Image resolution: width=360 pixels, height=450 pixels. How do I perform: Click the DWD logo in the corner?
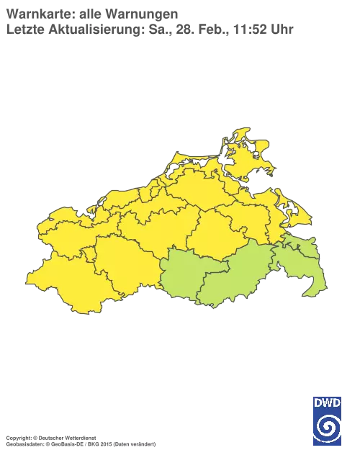[x=327, y=420]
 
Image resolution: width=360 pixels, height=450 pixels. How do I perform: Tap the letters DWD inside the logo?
[x=327, y=402]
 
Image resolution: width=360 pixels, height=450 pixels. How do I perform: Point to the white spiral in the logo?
[x=327, y=430]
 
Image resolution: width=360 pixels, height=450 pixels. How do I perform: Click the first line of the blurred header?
[x=91, y=12]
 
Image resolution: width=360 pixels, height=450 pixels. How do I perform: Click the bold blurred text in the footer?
[x=50, y=437]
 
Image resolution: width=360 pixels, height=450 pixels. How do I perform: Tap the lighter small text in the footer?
[x=125, y=438]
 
